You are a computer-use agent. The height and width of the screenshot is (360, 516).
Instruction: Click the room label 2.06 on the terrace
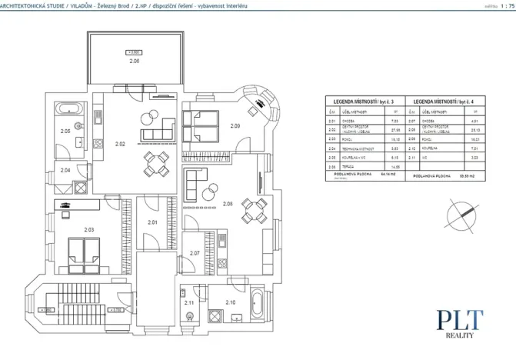135,60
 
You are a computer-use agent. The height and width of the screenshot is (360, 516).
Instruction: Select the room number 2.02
120,144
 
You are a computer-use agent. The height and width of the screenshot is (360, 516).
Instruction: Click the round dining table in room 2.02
157,162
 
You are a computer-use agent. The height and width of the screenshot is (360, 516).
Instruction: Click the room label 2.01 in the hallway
152,223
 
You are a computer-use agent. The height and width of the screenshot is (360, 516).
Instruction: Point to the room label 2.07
195,252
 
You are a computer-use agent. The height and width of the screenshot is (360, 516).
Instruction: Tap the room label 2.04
65,169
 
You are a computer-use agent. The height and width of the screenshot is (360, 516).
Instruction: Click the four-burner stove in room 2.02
98,143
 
